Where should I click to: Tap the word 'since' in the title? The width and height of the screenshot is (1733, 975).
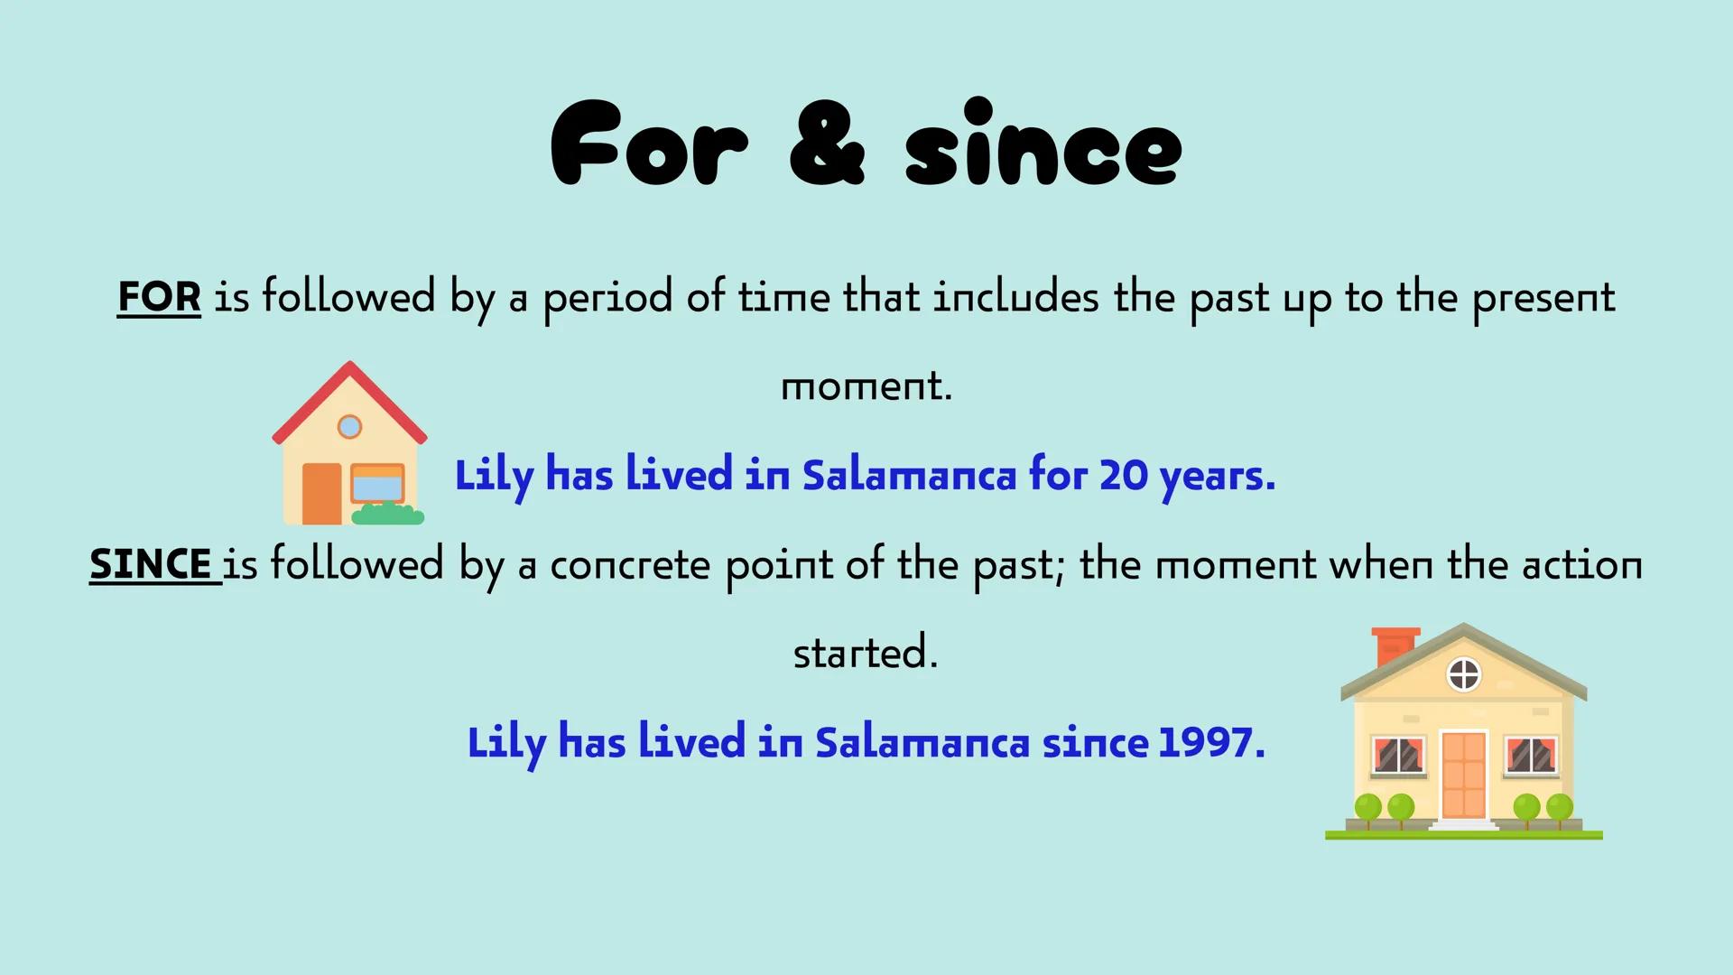(1043, 143)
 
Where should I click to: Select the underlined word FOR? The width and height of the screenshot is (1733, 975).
(159, 296)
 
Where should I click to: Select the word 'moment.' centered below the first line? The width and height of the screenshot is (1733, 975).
(866, 386)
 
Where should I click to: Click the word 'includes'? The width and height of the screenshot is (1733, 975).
(1015, 296)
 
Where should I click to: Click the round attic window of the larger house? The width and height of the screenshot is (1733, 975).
(1464, 673)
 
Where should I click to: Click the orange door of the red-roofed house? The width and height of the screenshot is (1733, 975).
(321, 493)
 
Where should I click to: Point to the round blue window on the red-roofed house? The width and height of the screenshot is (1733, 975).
(349, 427)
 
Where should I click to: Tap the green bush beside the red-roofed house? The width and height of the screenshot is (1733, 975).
(388, 514)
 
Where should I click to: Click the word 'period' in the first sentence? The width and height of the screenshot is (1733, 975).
(607, 298)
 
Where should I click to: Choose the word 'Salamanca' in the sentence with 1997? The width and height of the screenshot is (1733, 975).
(922, 743)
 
